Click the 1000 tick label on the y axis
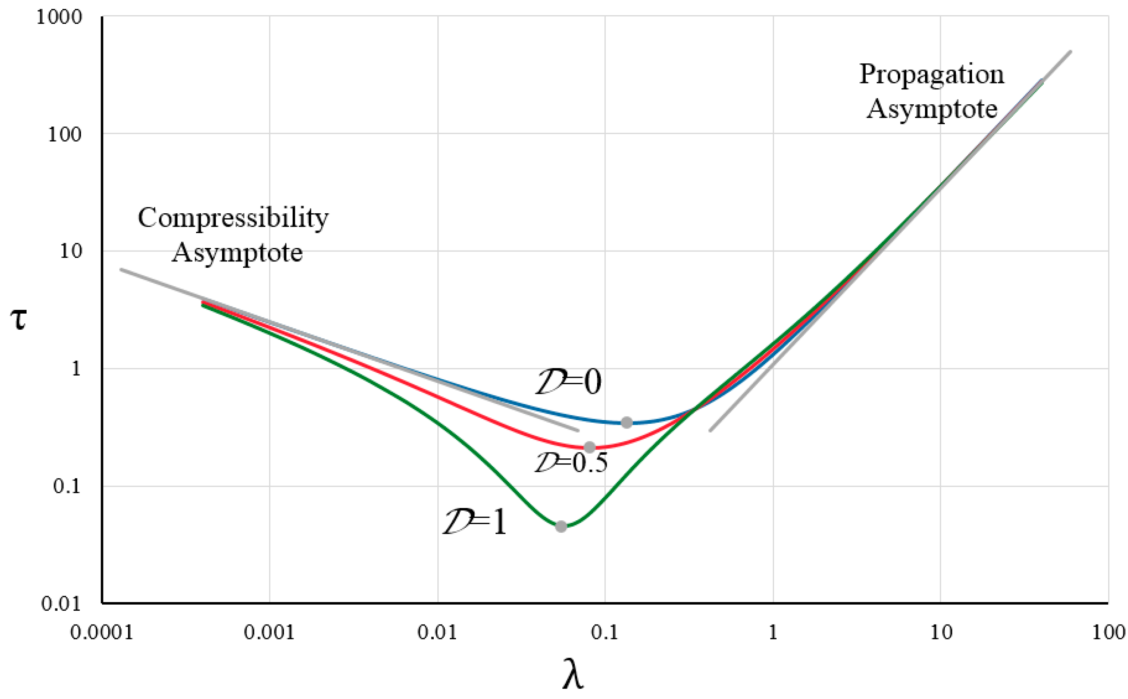coord(59,17)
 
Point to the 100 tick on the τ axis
coord(65,135)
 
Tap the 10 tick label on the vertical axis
coord(71,252)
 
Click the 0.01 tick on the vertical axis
coord(61,604)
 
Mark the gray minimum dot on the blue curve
coord(627,423)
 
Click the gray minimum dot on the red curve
coord(590,447)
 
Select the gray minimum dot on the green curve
coord(561,527)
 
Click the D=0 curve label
coord(569,382)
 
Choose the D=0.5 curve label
coord(571,463)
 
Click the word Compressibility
coord(233,218)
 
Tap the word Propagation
coord(932,74)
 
